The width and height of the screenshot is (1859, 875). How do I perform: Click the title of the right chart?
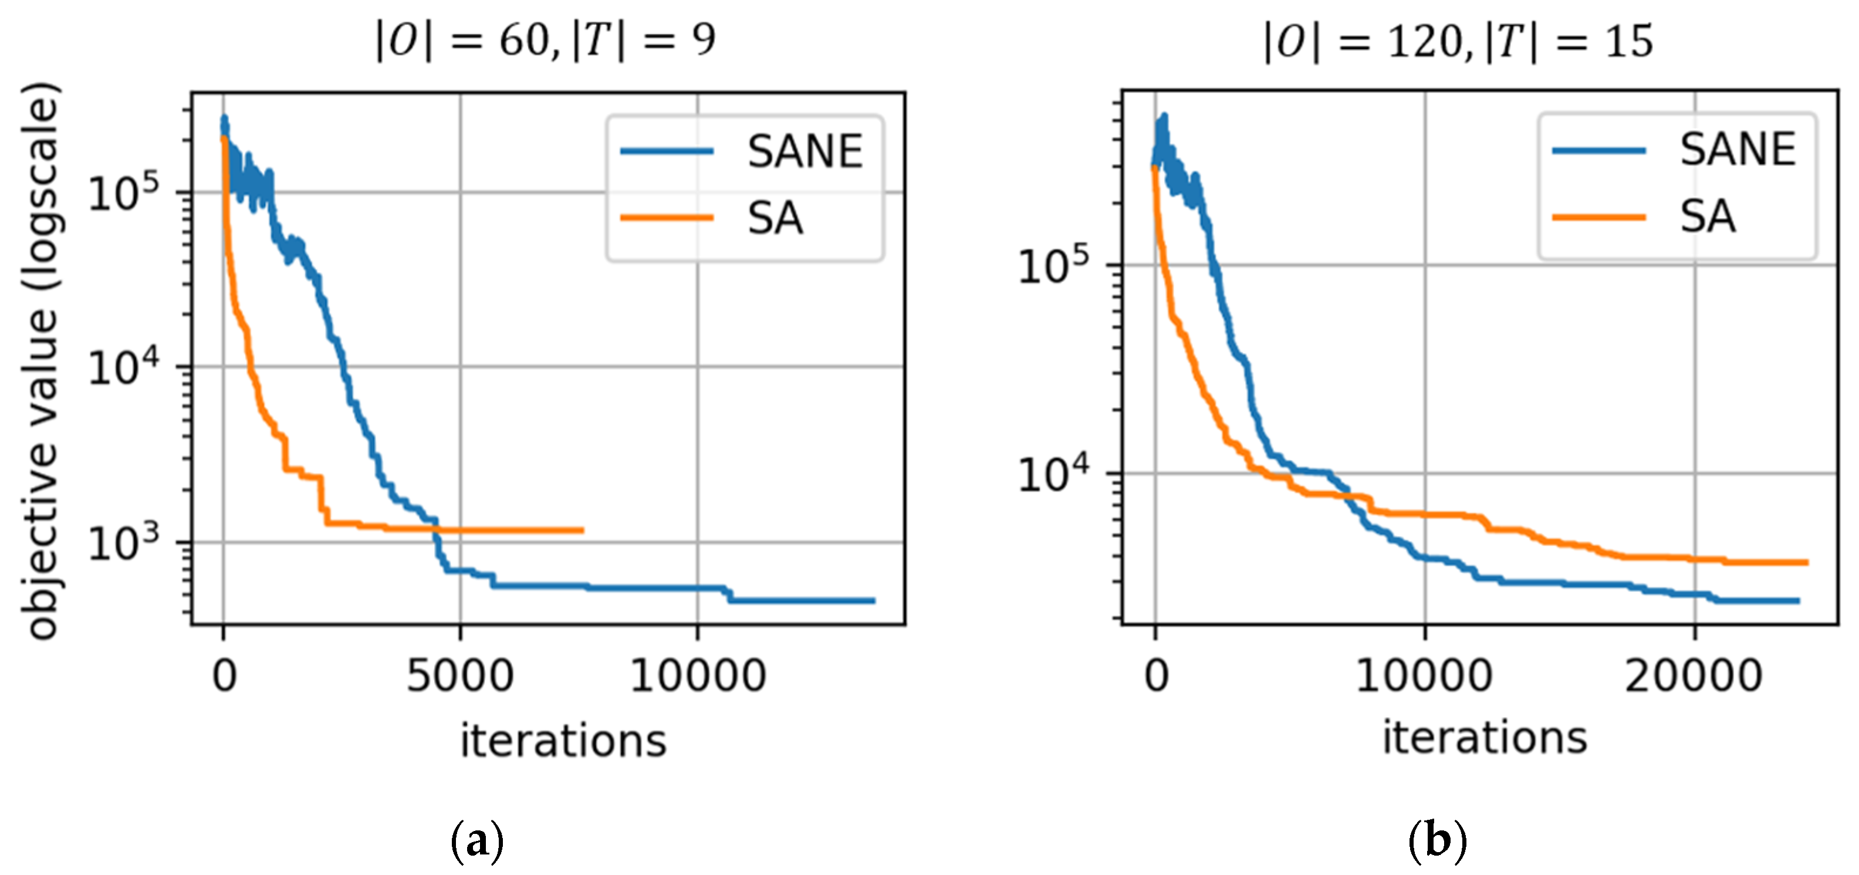tap(1458, 42)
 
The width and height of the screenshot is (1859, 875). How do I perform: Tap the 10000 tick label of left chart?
tap(697, 677)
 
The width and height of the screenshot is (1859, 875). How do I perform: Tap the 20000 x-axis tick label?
tap(1694, 677)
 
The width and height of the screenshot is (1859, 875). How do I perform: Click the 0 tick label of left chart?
tap(224, 677)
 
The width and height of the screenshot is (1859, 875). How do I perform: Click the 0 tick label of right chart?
tap(1155, 677)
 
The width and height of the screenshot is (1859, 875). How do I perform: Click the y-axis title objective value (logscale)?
tap(41, 361)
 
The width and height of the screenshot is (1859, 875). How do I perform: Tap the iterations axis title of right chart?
tap(1485, 738)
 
